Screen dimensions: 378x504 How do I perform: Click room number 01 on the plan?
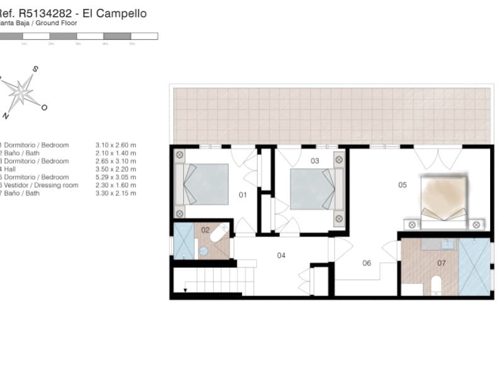coord(241,195)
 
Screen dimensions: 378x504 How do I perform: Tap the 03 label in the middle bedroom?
coord(315,161)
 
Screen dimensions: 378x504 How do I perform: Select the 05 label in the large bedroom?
coord(403,185)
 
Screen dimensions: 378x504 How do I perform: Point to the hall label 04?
coord(282,255)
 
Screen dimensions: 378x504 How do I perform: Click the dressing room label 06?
coord(367,263)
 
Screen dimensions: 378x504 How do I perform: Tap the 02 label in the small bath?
coord(205,230)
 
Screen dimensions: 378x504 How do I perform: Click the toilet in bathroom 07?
coord(436,285)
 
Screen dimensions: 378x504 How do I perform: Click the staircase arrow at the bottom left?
coord(185,290)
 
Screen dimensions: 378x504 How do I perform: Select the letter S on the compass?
coord(36,69)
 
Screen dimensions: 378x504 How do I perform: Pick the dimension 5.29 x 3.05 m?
coord(116,177)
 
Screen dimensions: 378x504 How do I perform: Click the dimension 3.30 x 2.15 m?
coord(116,193)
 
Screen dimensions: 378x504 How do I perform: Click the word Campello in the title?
coord(126,13)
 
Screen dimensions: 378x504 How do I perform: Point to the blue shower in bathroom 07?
coord(474,266)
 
